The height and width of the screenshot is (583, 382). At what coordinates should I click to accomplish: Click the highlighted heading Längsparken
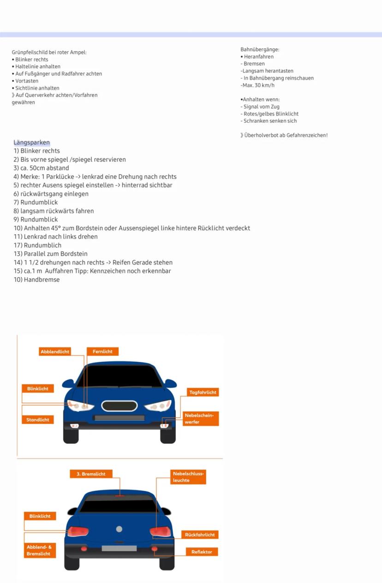click(32, 142)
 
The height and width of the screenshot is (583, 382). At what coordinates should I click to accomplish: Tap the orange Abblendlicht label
click(55, 352)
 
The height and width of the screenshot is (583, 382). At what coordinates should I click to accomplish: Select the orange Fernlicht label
click(102, 352)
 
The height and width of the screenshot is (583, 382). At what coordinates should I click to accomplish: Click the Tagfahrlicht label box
click(203, 392)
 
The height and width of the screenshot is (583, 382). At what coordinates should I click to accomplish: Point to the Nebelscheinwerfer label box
click(199, 418)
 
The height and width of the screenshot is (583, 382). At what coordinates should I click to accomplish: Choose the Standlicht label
click(38, 420)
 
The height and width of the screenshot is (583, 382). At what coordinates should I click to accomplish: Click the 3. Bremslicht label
click(91, 474)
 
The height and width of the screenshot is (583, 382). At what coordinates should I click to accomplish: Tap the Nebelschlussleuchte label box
click(188, 477)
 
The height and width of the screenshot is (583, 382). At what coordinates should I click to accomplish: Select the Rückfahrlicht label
click(200, 535)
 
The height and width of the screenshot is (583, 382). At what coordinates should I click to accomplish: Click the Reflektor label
click(202, 552)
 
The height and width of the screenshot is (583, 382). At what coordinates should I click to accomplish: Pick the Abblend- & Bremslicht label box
click(40, 550)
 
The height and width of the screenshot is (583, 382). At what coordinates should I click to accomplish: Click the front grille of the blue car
click(119, 406)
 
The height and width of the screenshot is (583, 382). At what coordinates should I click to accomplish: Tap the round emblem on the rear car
click(119, 529)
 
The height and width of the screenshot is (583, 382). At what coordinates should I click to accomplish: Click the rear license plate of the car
click(119, 548)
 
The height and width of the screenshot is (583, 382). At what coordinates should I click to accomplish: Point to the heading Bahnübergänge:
click(260, 49)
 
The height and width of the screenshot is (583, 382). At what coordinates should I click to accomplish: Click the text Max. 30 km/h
click(258, 85)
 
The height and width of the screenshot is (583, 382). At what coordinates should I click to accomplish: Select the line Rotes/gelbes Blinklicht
click(270, 114)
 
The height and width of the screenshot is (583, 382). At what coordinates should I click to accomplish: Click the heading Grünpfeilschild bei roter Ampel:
click(49, 52)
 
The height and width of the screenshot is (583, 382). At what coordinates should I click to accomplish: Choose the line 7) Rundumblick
click(36, 202)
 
